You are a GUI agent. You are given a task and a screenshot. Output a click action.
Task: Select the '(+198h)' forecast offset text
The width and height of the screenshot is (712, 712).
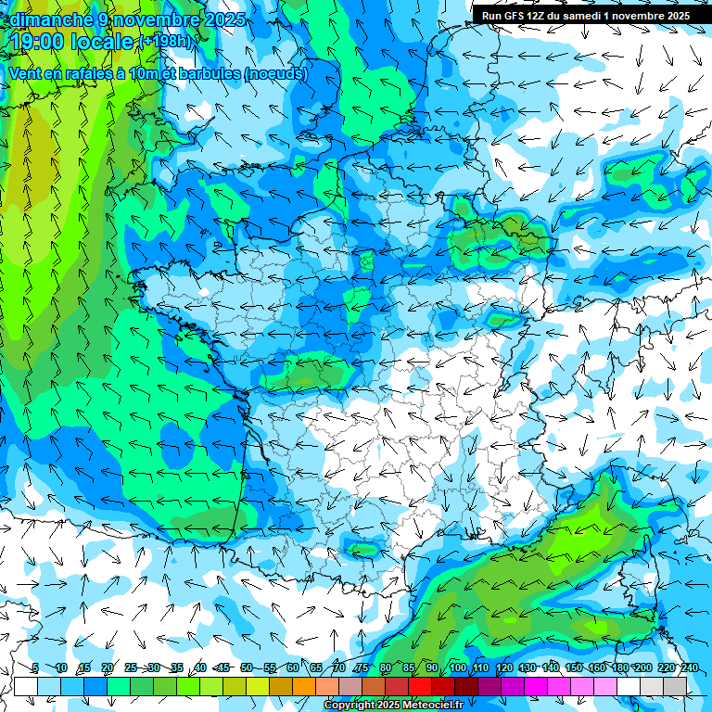[165, 42]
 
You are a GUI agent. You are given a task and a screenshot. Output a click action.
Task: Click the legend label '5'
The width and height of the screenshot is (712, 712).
[34, 667]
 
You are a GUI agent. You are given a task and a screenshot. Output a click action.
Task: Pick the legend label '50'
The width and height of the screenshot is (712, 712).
[246, 667]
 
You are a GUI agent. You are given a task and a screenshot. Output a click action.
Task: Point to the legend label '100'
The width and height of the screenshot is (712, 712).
[457, 667]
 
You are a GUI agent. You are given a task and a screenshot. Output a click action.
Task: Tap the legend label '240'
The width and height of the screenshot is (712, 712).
[690, 667]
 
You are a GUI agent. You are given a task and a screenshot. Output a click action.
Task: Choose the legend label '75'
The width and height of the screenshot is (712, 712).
[362, 667]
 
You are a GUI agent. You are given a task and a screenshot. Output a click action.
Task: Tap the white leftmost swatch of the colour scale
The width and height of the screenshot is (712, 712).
[26, 686]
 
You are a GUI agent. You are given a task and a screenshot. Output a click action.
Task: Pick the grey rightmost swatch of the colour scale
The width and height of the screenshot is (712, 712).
[675, 686]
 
